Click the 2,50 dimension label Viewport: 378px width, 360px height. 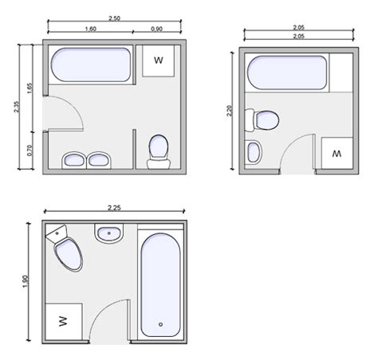(114, 18)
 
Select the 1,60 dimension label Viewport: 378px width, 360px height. (91, 29)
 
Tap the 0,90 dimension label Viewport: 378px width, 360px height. (157, 29)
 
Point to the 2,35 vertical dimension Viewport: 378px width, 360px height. (17, 107)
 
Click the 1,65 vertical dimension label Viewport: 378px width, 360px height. (30, 88)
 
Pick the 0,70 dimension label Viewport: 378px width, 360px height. (30, 151)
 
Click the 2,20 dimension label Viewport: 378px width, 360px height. (230, 111)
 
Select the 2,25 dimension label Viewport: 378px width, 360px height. (114, 208)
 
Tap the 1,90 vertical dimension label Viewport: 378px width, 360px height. (25, 281)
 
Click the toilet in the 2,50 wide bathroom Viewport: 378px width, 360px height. (159, 152)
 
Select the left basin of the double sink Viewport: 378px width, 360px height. (74, 160)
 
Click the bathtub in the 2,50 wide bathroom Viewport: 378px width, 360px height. (91, 65)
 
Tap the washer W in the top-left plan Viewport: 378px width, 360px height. (159, 61)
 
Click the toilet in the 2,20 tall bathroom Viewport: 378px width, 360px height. (262, 120)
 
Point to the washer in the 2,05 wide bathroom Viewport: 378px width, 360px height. (337, 153)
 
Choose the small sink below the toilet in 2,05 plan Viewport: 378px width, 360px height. (254, 153)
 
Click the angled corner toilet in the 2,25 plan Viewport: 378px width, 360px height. (65, 248)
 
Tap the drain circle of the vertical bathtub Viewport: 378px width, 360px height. (160, 324)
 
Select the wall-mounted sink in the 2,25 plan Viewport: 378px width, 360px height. (109, 233)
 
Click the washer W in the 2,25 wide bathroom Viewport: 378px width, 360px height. (64, 321)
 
